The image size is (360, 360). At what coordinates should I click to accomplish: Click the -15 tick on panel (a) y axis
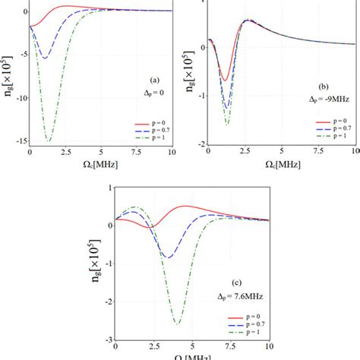[x=20, y=141]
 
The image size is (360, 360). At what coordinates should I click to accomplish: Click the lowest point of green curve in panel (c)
[x=177, y=324]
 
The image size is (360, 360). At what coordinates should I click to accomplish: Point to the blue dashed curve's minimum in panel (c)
[x=168, y=257]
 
